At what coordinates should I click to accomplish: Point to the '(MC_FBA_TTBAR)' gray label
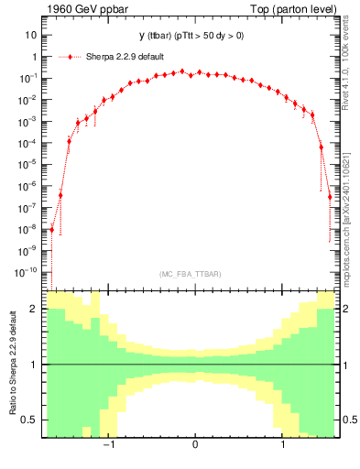pyautogui.click(x=188, y=274)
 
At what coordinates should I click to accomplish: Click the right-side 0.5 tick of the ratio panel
pyautogui.click(x=349, y=420)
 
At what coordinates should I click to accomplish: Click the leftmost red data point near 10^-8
pyautogui.click(x=52, y=230)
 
